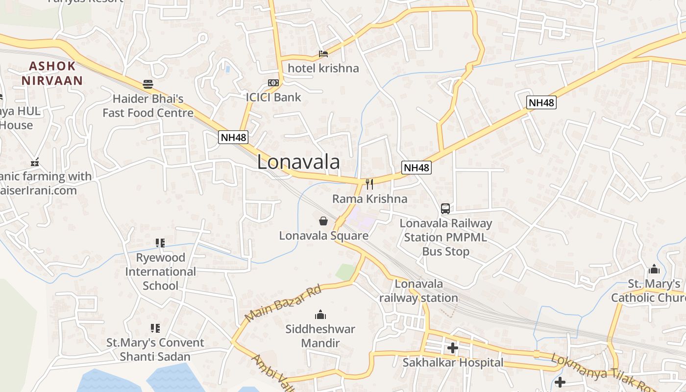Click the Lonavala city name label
[298, 162]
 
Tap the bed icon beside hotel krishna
[323, 54]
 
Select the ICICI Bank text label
[273, 97]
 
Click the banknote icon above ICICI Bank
[273, 83]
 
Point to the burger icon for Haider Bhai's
[148, 84]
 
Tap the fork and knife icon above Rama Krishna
[369, 184]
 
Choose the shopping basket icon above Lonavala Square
[323, 221]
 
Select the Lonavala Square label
[323, 236]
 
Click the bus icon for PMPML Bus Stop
[445, 209]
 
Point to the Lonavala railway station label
[418, 291]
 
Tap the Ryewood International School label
[160, 271]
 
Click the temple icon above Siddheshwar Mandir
[320, 315]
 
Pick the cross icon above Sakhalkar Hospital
[453, 348]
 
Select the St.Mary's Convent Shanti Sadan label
[155, 349]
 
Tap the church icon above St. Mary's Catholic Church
[654, 269]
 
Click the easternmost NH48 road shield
[541, 102]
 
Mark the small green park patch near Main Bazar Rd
[345, 272]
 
